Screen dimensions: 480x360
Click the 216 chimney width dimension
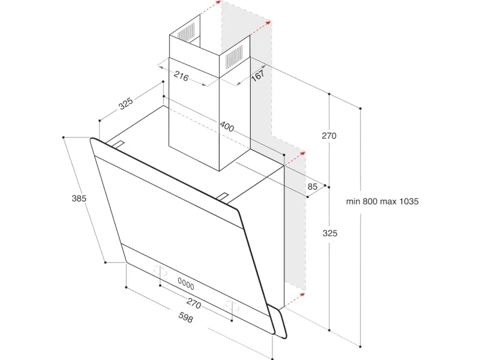coord(181,76)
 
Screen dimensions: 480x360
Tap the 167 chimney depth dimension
coord(257,75)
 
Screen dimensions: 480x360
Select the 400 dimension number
coord(227,126)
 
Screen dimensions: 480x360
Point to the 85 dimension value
coord(312,187)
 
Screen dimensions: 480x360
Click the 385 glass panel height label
coord(79,199)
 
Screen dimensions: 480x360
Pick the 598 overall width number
coord(185,317)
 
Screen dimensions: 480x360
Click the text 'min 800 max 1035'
coord(382,202)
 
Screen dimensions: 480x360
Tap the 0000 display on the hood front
coord(186,284)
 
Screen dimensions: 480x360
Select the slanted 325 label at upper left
coord(126,103)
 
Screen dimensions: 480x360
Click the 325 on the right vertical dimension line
coord(330,233)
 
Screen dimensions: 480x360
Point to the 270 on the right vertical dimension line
coord(329,136)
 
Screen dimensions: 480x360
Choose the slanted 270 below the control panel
coord(194,303)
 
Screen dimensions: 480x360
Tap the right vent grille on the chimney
coord(234,56)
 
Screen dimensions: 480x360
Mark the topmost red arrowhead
coord(218,2)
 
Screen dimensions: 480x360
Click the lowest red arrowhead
coord(302,295)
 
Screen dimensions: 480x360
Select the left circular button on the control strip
coord(160,271)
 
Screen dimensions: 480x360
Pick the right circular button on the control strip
coord(232,305)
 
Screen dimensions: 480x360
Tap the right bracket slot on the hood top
coord(223,197)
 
